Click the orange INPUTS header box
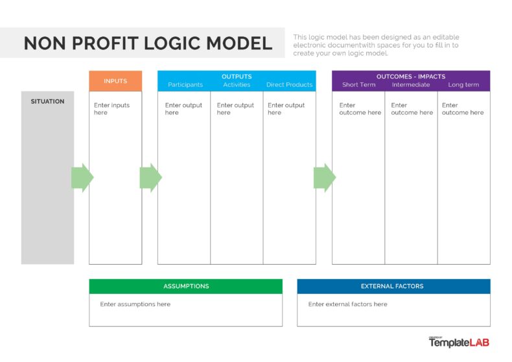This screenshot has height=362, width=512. pos(115,81)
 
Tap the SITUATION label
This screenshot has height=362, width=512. pos(47,101)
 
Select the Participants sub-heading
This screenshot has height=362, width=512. pos(185,85)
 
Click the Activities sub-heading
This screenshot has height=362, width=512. pos(237,85)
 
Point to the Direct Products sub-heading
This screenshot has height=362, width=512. pos(289,85)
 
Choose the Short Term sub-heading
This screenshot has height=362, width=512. pos(358,85)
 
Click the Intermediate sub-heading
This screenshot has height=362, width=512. pos(411,85)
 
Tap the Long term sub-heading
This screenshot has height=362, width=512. pos(463,85)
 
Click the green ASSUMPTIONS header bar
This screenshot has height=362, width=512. pos(186,286)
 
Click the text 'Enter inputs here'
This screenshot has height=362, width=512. pos(111,109)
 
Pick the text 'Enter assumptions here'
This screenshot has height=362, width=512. pos(135,304)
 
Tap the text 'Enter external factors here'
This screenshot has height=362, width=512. pos(347,304)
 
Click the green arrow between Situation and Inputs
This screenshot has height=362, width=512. pos(82,178)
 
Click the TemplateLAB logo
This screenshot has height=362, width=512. pos(458,343)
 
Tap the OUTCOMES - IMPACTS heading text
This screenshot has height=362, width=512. pos(411,77)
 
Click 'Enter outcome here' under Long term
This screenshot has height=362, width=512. pos(463,109)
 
